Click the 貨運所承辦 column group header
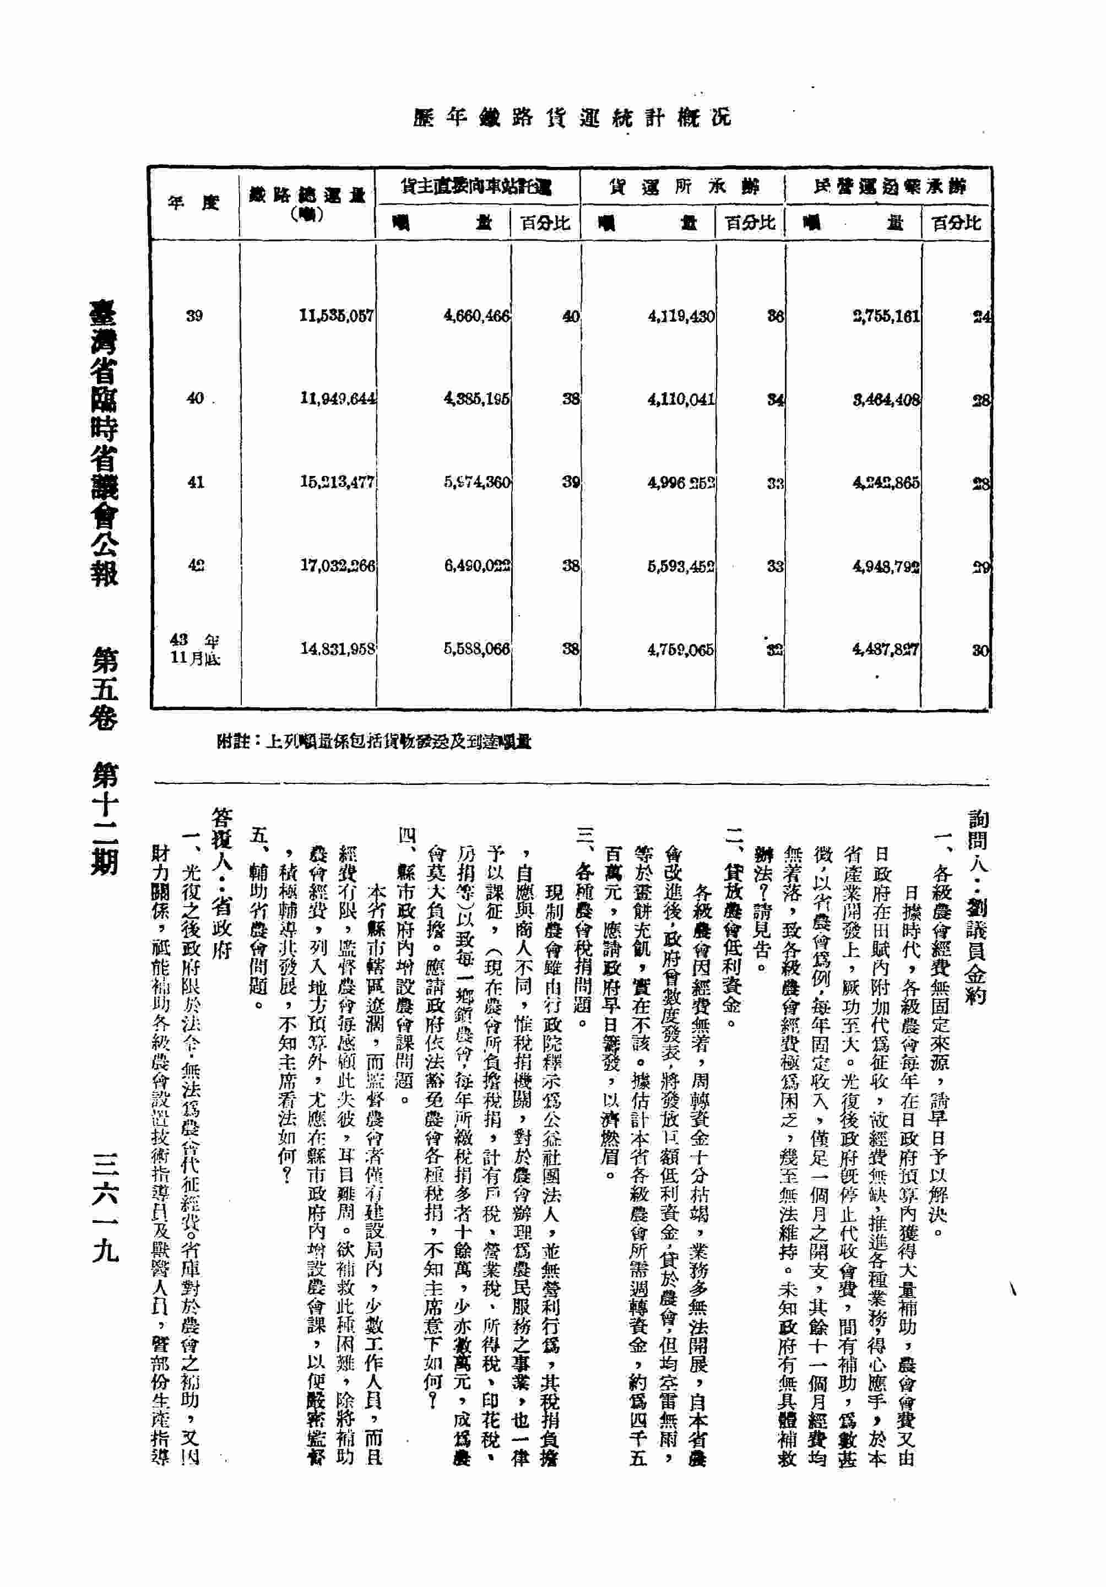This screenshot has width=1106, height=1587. [x=682, y=186]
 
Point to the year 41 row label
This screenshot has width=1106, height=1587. [x=195, y=482]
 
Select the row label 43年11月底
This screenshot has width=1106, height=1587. [x=195, y=649]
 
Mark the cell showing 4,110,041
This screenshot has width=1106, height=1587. [x=681, y=399]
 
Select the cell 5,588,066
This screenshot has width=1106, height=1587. [x=476, y=649]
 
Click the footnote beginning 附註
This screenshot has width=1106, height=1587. [x=373, y=741]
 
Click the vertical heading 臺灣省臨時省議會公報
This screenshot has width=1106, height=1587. [x=104, y=442]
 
